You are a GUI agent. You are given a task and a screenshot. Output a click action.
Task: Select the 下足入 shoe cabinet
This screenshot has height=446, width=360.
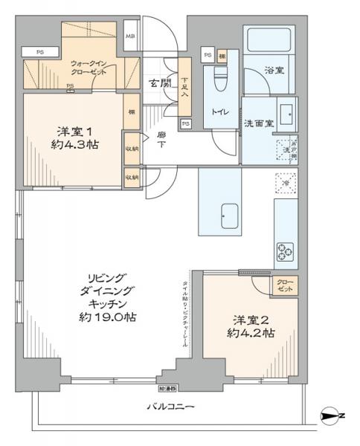click(x=184, y=88)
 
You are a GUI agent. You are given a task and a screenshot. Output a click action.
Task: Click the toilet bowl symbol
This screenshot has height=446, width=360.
click(x=220, y=78)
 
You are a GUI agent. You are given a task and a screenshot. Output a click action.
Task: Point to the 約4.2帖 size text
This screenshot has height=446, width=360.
click(x=252, y=334)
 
